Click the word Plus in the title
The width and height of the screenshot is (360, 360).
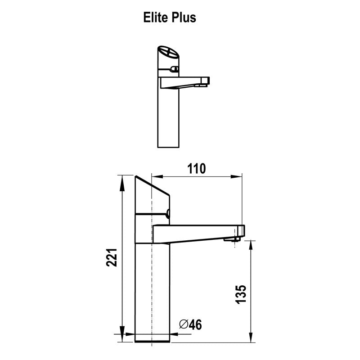coord(185,18)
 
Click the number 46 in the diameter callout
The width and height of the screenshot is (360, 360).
coord(194,324)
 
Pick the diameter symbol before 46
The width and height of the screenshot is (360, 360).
coord(183,324)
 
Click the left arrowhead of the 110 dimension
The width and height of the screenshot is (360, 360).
coord(156,176)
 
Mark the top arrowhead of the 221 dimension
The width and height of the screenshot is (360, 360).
coord(122,179)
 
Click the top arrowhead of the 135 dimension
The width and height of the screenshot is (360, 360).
coord(250,244)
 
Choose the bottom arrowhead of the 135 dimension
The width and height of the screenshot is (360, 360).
coord(250,331)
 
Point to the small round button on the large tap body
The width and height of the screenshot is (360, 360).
coord(168,214)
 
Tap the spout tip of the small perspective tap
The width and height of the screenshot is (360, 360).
coord(205,81)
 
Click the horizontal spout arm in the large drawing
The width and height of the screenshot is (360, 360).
coord(193,231)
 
